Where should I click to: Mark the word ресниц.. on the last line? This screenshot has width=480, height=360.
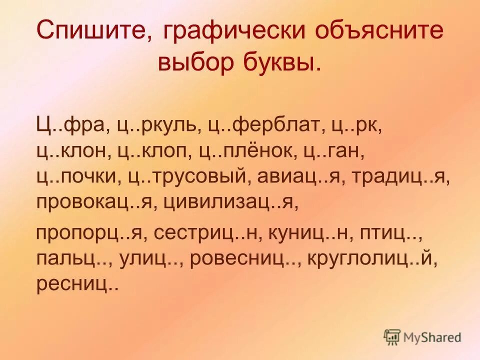click(x=77, y=284)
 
